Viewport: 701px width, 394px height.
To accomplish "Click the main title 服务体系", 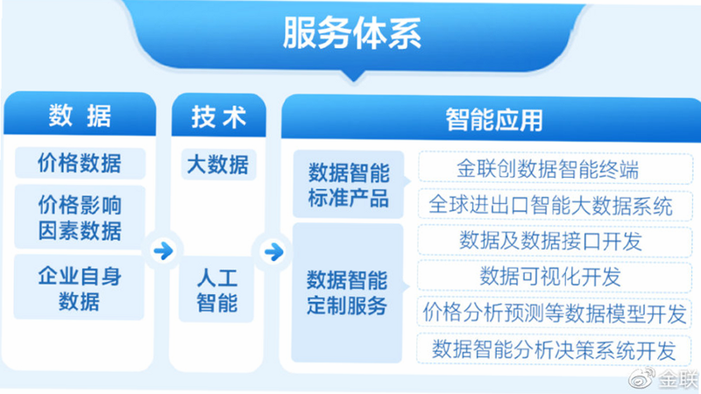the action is [352, 33].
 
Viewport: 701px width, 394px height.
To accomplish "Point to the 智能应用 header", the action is [493, 119].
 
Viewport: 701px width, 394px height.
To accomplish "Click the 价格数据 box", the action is [80, 163].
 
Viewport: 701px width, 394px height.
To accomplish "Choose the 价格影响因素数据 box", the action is [80, 217].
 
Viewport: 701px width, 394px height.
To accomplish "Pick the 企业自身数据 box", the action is [79, 287].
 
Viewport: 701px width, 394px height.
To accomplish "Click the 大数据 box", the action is [218, 165].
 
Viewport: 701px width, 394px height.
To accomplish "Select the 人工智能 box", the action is [216, 290].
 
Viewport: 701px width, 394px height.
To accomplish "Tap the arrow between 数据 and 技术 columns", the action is [163, 250].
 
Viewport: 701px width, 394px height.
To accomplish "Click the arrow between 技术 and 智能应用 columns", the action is [273, 251].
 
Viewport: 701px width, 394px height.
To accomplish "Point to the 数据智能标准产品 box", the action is [349, 185].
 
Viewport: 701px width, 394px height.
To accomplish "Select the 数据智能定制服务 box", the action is [347, 292].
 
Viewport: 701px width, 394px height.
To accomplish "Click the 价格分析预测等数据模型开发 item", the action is [555, 313].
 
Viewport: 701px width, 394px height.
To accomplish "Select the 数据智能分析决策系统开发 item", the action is [554, 348].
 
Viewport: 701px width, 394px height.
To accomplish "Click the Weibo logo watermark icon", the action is [641, 378].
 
